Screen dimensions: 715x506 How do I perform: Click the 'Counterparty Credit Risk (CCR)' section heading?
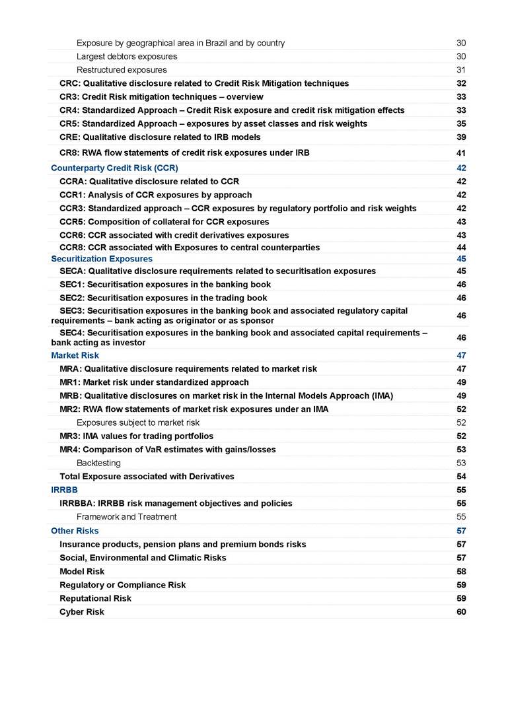click(x=114, y=168)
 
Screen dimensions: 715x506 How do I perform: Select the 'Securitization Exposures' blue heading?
click(x=102, y=259)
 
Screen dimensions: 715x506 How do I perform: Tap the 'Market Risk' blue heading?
click(x=75, y=355)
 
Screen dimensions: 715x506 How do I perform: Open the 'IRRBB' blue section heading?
click(x=63, y=490)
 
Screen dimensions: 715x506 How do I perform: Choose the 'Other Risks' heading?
click(x=75, y=531)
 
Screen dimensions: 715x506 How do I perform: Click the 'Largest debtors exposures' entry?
click(x=127, y=56)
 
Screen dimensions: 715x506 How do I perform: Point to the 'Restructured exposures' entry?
click(x=122, y=70)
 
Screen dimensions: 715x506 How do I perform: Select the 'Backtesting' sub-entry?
click(x=98, y=463)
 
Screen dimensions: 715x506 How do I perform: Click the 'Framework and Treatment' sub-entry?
click(x=126, y=517)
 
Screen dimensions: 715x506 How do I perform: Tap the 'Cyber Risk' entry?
click(x=82, y=612)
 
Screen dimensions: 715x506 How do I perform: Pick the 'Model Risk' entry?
click(x=82, y=572)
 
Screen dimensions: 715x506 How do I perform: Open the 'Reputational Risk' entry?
click(x=95, y=598)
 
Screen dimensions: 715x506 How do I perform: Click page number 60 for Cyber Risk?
click(x=461, y=612)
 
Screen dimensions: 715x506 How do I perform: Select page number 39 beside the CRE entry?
click(x=461, y=137)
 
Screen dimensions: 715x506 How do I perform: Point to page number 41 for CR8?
click(x=461, y=153)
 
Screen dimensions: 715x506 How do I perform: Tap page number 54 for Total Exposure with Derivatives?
click(x=461, y=477)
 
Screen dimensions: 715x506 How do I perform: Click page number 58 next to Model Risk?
click(x=461, y=572)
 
